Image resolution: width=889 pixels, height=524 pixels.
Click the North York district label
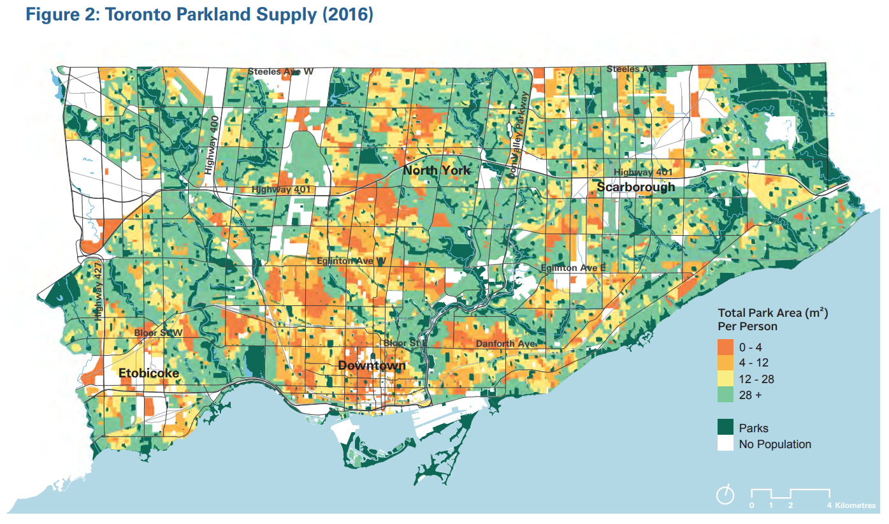[x=437, y=170]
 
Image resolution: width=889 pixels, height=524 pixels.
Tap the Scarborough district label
[x=635, y=187]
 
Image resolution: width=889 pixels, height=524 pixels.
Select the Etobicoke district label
[x=148, y=373]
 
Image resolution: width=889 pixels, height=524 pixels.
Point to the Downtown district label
[x=372, y=365]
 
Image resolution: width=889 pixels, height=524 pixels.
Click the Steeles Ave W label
[x=280, y=71]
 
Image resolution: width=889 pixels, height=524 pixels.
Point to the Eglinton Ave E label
[x=572, y=268]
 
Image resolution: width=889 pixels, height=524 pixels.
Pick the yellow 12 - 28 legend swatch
[x=726, y=379]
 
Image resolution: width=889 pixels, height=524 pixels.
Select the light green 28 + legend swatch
[x=726, y=395]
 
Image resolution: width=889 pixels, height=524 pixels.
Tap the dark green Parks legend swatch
[x=726, y=428]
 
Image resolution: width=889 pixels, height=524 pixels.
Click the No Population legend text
[x=775, y=444]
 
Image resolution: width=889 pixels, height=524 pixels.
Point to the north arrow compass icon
[x=725, y=495]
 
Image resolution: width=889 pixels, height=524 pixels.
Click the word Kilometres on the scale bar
[x=856, y=506]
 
